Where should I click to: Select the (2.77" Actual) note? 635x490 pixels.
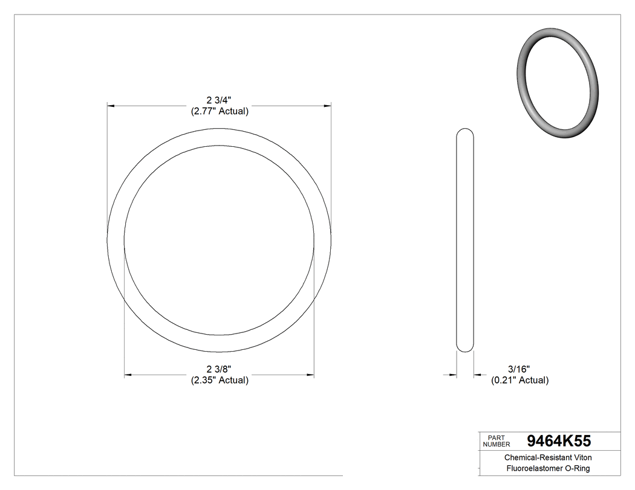(220, 112)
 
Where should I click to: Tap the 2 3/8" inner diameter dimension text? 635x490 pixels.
(220, 369)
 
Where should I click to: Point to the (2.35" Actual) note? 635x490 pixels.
(220, 380)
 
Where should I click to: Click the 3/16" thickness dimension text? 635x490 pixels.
(519, 369)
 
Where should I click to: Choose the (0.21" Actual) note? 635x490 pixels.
(519, 380)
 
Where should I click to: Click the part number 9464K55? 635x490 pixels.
(559, 440)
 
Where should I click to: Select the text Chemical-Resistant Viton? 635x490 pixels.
(549, 458)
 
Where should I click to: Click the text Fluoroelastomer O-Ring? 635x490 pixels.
(549, 469)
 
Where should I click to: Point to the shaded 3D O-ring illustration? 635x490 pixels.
(558, 83)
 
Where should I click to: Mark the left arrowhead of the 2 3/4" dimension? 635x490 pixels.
(111, 106)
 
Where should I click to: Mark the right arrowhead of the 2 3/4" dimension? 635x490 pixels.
(328, 106)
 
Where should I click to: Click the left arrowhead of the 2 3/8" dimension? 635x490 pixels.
(128, 375)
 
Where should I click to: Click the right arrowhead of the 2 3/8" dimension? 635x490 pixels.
(310, 375)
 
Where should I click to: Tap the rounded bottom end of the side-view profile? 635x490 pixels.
(464, 348)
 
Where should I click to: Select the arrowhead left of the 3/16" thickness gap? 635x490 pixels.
(452, 375)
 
